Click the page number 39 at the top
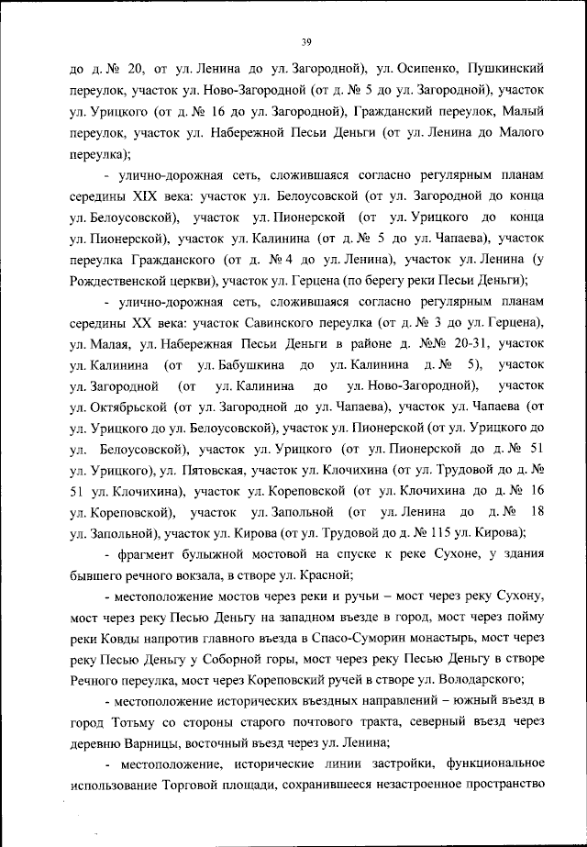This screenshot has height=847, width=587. tap(307, 39)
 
